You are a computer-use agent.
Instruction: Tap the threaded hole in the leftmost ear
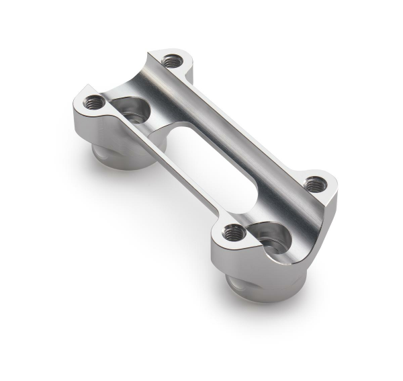[95, 103]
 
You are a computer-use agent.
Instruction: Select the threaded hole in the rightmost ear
[314, 181]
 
